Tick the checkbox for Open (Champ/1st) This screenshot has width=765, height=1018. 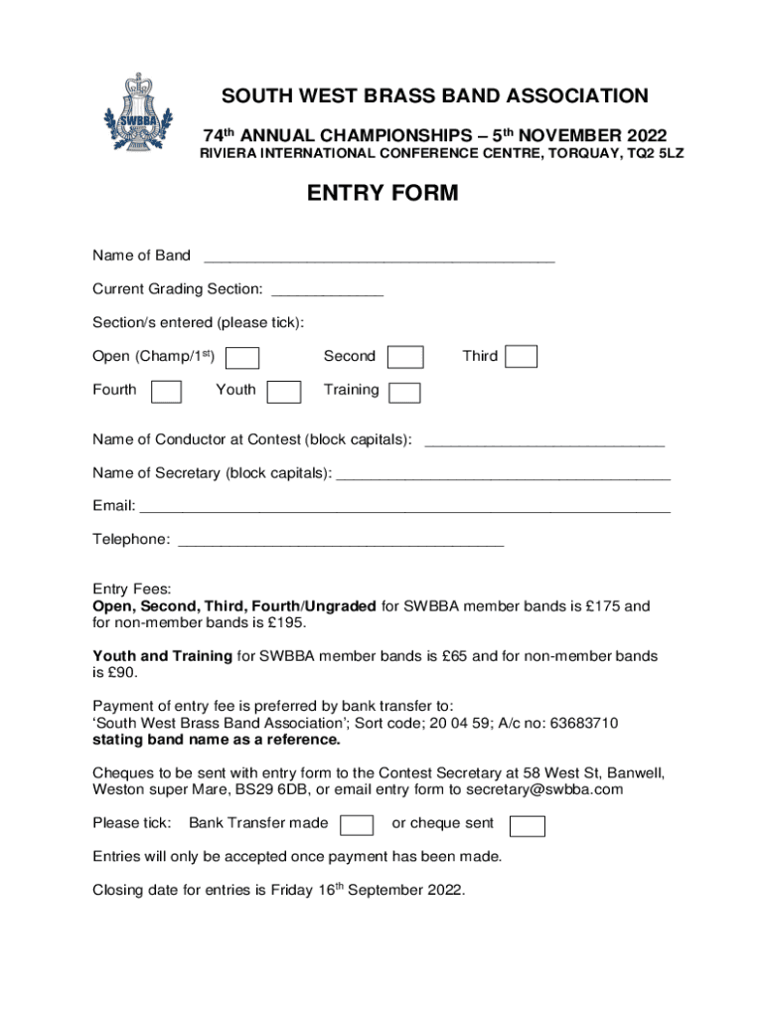(x=243, y=358)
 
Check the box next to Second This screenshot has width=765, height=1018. (x=405, y=357)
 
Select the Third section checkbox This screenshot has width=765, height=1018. (x=522, y=357)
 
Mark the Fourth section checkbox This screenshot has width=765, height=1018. (x=166, y=392)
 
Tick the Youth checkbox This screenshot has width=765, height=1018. (x=285, y=392)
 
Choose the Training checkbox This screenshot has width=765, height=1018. (x=404, y=393)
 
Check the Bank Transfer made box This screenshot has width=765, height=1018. (x=357, y=825)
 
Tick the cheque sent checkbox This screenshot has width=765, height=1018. (x=527, y=825)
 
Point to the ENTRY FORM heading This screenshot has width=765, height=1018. (x=382, y=193)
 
